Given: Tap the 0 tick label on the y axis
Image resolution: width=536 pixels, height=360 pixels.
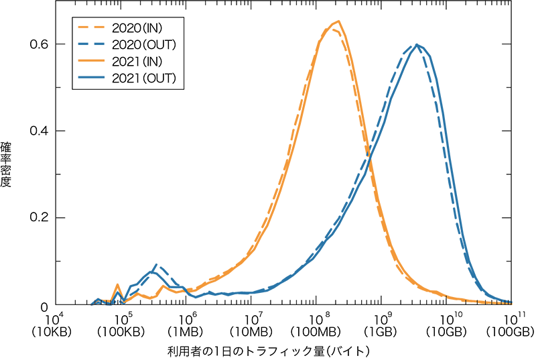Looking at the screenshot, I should pos(43,306).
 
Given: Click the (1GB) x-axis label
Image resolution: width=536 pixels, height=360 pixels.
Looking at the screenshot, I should pos(381,331).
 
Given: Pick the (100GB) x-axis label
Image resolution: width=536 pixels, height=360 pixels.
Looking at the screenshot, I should pos(511,331).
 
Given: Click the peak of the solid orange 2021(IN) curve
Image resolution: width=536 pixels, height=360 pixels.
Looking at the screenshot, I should pos(339,21).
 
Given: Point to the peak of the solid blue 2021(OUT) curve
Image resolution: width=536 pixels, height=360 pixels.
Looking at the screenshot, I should pos(417,44).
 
